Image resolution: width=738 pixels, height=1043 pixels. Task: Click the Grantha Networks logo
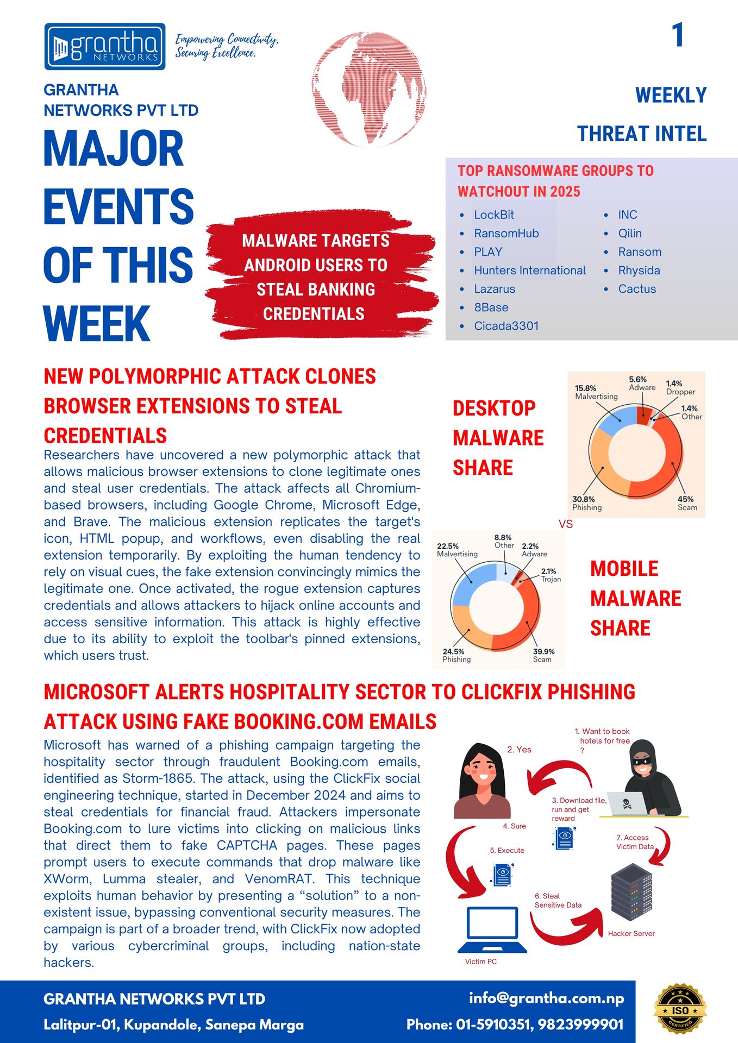105,47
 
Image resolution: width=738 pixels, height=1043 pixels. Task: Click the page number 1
677,35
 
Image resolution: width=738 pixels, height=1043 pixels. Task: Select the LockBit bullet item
493,215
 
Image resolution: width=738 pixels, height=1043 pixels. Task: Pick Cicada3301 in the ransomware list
506,326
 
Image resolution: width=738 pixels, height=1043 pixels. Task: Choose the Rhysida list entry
639,271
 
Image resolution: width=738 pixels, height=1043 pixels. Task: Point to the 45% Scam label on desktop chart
687,503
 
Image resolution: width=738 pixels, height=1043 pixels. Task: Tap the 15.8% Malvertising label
596,392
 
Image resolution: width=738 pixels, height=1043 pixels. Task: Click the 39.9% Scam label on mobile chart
543,655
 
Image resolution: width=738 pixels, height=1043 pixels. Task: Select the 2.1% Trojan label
550,575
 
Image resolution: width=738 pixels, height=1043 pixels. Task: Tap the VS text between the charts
566,524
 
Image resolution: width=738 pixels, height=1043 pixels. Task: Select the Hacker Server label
631,933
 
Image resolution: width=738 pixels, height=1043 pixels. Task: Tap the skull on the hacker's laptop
627,803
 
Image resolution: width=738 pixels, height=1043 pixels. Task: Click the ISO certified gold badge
680,1010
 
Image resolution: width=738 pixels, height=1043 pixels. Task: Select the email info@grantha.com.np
546,998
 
